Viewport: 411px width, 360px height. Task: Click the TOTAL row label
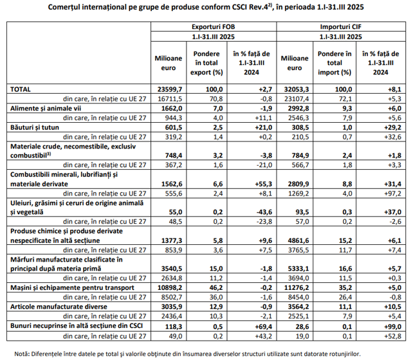tap(21, 89)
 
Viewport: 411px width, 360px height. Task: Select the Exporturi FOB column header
tap(214, 27)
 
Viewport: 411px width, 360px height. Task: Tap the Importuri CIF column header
tap(341, 27)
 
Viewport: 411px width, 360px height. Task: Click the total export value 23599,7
tap(170, 89)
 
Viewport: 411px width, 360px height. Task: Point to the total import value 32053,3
tap(297, 89)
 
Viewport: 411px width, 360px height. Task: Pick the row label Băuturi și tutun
tap(35, 127)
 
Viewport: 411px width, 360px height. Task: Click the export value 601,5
tap(172, 127)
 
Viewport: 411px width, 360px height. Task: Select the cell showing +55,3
tap(264, 184)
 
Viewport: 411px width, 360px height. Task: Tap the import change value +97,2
tap(392, 194)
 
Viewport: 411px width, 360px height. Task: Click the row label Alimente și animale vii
tap(46, 109)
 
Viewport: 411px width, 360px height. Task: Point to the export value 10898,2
tap(170, 288)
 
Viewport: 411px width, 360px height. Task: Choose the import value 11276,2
tap(297, 288)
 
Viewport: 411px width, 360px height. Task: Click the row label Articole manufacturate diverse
tap(59, 307)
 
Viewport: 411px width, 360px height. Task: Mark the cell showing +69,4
tap(264, 327)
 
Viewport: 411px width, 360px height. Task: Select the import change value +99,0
tap(392, 327)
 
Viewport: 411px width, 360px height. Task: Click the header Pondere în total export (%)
tap(206, 63)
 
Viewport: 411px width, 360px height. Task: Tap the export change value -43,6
tap(264, 212)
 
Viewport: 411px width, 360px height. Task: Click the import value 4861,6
tap(298, 240)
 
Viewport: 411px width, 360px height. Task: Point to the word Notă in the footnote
tap(21, 354)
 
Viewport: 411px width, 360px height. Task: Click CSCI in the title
tap(240, 7)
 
